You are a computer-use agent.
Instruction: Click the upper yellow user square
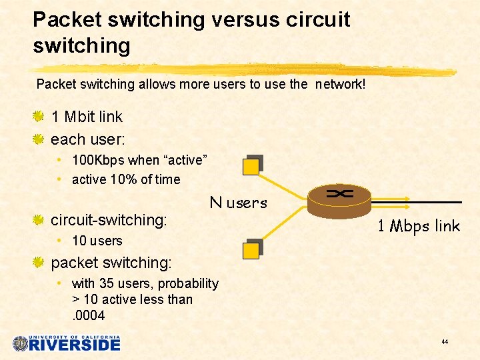(x=251, y=166)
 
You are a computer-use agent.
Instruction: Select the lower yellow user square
(x=251, y=250)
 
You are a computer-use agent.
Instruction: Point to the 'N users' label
(x=238, y=203)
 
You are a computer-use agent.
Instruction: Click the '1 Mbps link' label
(x=419, y=227)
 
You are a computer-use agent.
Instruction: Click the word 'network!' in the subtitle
(x=341, y=85)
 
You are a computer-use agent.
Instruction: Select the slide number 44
(x=444, y=342)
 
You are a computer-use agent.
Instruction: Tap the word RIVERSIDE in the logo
(x=75, y=345)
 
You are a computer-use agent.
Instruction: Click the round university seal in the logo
(x=21, y=343)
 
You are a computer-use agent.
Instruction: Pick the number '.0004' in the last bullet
(x=89, y=315)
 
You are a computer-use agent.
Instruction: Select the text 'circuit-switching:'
(x=109, y=219)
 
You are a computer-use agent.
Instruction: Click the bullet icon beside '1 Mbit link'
(x=39, y=117)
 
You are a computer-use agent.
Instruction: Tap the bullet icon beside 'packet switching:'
(x=39, y=263)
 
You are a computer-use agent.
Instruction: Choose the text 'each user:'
(x=88, y=139)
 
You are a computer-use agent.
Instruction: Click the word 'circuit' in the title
(x=319, y=19)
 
